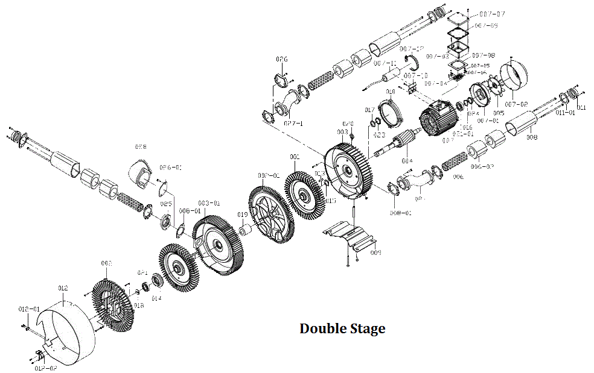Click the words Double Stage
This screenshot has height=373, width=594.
(342, 329)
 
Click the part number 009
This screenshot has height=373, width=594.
(375, 253)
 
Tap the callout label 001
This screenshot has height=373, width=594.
(295, 157)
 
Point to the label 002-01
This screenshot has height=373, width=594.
(269, 175)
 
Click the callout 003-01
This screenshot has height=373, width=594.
(209, 204)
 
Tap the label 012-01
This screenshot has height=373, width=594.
(28, 309)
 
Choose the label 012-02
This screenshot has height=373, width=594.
(46, 367)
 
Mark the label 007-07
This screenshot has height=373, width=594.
(492, 13)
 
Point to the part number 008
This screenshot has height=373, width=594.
(531, 137)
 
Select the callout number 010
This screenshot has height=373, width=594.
(391, 92)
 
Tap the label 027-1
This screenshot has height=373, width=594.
(293, 122)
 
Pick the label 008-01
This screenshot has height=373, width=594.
(400, 213)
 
